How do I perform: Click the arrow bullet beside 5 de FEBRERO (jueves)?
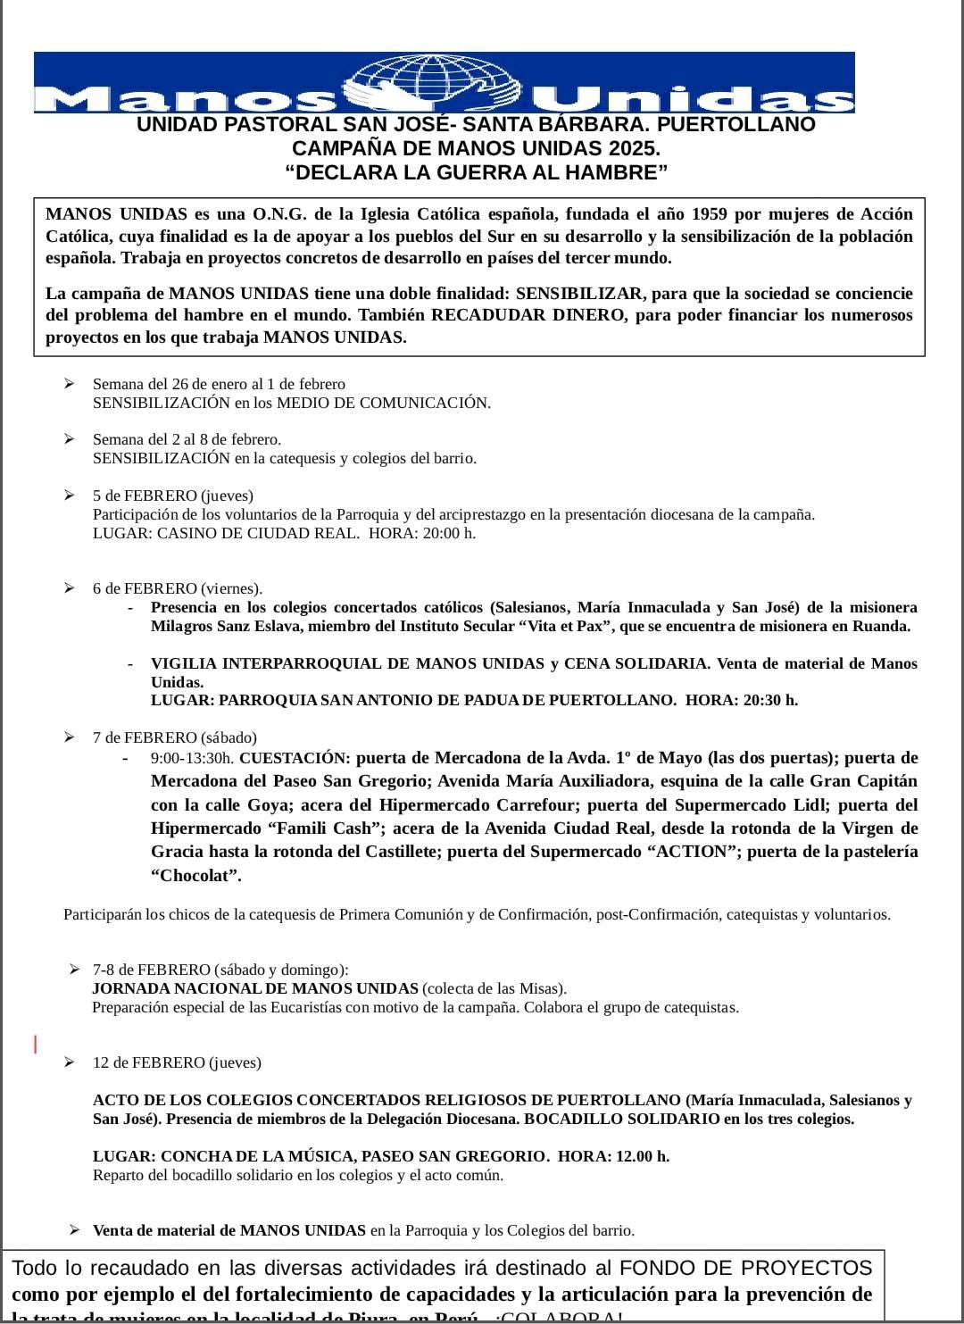tap(70, 495)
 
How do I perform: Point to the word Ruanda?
tap(883, 626)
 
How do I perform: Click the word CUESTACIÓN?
tap(294, 758)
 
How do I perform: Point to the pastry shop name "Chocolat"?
tap(195, 875)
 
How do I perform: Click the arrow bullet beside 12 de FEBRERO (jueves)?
tap(70, 1062)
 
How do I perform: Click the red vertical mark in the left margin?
tap(35, 1043)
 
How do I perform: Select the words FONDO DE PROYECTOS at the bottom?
tap(745, 1268)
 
